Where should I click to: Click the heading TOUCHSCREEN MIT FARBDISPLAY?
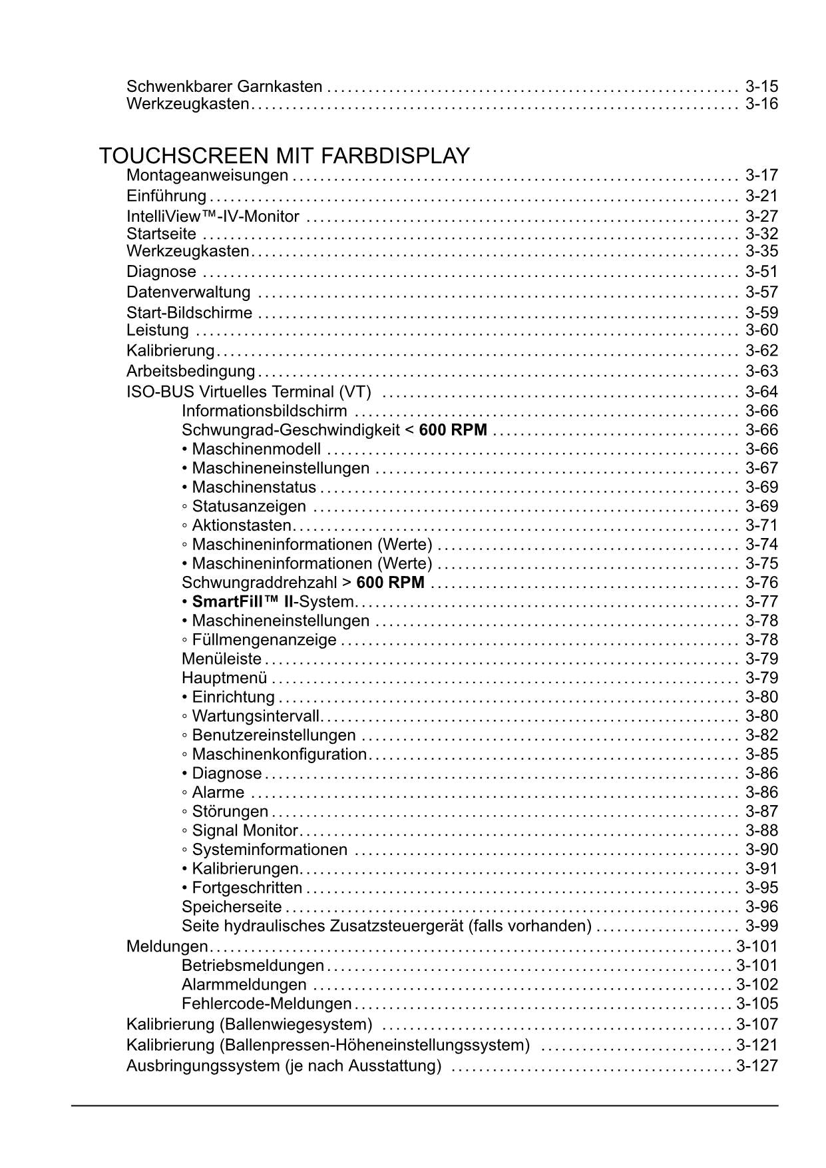point(284,156)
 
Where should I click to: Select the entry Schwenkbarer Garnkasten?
point(224,87)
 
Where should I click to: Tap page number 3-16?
point(761,104)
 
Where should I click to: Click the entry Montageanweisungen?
point(207,175)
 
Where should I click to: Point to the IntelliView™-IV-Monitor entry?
point(213,216)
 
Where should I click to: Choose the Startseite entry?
point(161,234)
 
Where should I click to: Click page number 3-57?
point(761,292)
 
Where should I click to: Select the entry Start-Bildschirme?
point(189,313)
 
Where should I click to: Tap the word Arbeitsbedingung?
point(190,371)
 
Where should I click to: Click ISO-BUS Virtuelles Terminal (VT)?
point(248,392)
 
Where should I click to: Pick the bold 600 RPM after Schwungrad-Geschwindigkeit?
point(453,430)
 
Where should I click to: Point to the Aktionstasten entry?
point(241,525)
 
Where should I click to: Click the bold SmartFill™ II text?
point(242,602)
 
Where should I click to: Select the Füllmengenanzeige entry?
point(264,640)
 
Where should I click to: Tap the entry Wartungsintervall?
point(256,717)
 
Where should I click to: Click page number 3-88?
point(761,830)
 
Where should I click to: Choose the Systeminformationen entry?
point(269,850)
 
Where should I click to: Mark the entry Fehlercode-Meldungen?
point(266,1004)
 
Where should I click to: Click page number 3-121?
point(757,1045)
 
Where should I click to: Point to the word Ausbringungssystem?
point(203,1066)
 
